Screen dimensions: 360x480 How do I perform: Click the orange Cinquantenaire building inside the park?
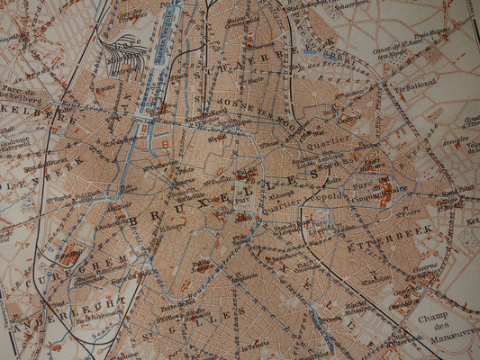click(385, 190)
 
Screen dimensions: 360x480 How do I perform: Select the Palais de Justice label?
click(202, 265)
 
